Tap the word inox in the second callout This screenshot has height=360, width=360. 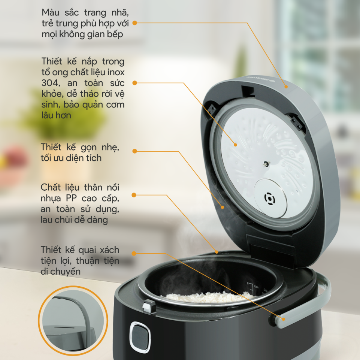pos(116,72)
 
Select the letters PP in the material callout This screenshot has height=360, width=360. pos(71,198)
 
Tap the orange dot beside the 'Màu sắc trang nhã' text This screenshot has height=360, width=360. pos(135,23)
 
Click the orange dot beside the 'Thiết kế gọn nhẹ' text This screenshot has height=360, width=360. pos(135,151)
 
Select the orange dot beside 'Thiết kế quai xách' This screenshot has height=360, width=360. pos(134,254)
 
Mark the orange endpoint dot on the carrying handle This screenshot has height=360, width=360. pos(284,319)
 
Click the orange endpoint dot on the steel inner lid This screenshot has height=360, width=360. pos(236,145)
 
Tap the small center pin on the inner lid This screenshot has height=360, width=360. pos(266,164)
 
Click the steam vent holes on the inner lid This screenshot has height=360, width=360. pos(270,199)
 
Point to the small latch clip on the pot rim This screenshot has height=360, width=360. pos(149,306)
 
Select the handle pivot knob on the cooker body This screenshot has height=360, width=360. pos(272,320)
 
